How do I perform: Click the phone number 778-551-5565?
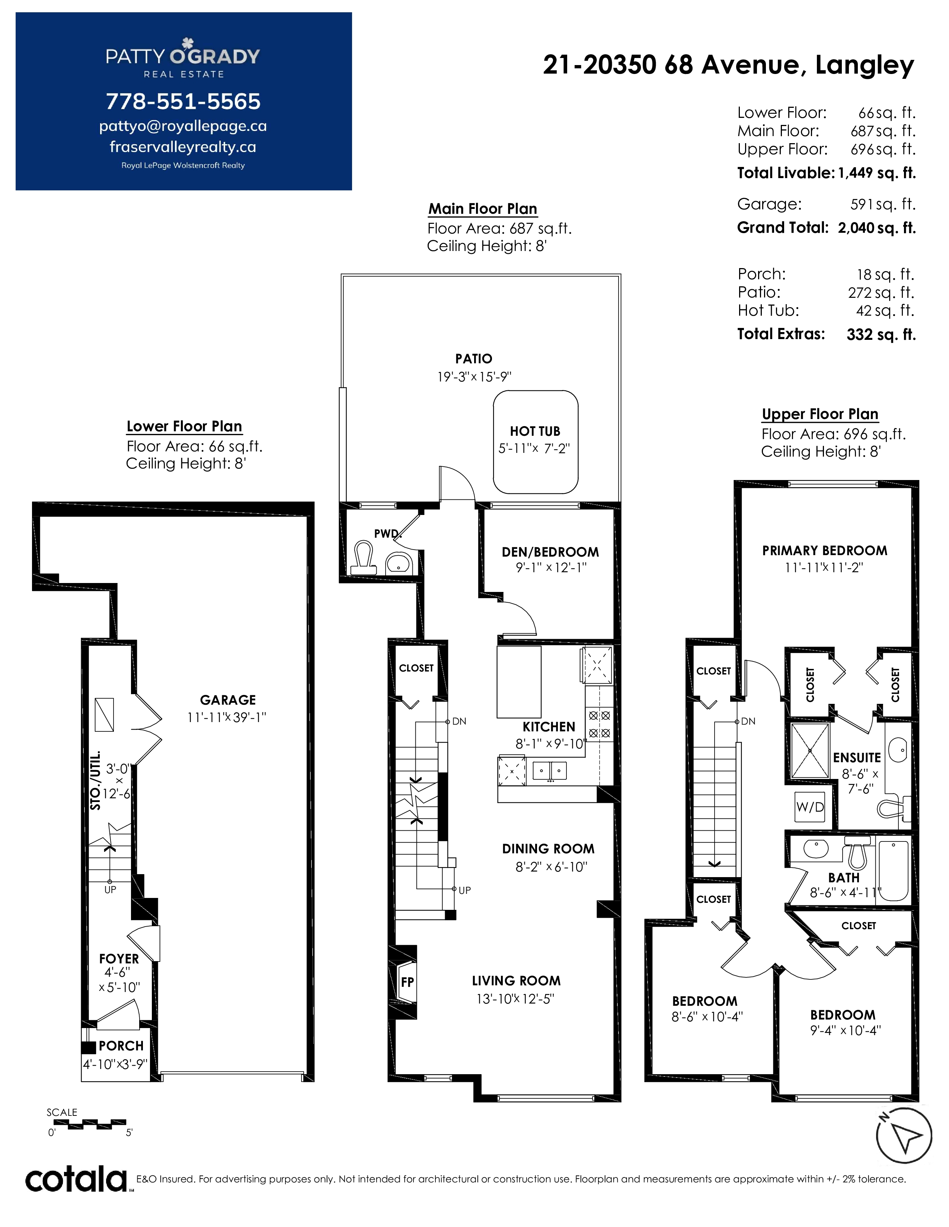[183, 102]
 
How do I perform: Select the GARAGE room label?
[228, 700]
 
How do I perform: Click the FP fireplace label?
[408, 982]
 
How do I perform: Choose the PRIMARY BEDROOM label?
[825, 551]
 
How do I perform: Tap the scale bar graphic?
[89, 1124]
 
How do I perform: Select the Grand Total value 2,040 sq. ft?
[876, 228]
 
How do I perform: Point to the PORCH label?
[121, 1046]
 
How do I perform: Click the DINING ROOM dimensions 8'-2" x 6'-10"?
[552, 867]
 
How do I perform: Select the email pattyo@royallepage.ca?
[183, 126]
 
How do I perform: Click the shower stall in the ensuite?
[810, 751]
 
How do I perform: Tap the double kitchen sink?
[550, 770]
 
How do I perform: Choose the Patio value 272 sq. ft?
[882, 293]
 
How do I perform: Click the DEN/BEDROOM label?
[550, 552]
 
